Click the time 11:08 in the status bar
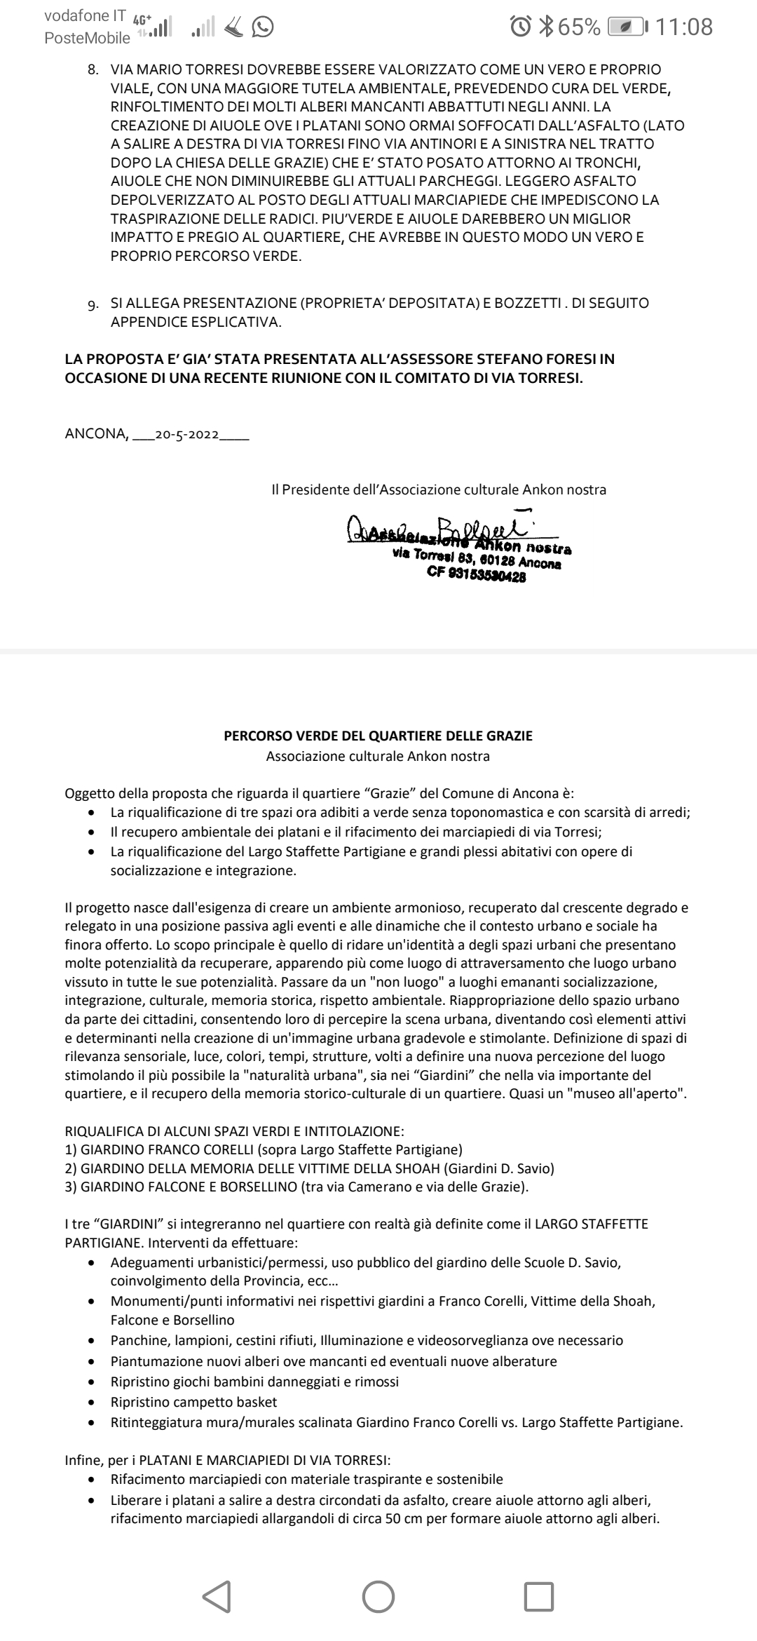[x=686, y=27]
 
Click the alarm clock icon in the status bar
[x=521, y=27]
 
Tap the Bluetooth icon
[x=546, y=27]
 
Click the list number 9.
[x=93, y=304]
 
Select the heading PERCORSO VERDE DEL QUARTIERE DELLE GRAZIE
[x=378, y=736]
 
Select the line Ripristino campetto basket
[x=194, y=1402]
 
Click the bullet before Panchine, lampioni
[x=92, y=1341]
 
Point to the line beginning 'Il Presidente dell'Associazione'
[x=439, y=489]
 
